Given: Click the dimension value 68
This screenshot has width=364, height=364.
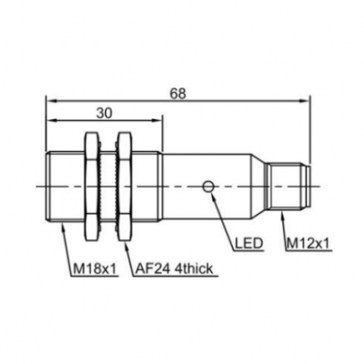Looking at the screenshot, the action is [x=177, y=94].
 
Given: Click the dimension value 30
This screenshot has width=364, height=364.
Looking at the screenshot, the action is [x=104, y=114].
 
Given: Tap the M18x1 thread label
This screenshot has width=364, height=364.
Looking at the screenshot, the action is [x=95, y=268].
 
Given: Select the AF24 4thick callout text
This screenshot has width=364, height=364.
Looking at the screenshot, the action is [x=174, y=268].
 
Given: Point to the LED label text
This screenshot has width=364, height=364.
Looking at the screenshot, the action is [x=249, y=243].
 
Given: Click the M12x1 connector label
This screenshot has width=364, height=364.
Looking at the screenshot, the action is [x=308, y=243].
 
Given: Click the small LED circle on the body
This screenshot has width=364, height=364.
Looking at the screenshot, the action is [x=208, y=187].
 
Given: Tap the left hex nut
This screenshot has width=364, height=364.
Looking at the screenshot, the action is [x=92, y=187].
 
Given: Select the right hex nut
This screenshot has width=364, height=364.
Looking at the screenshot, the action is [x=124, y=187].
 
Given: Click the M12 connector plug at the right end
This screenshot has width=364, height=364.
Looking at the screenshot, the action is [x=288, y=187].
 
